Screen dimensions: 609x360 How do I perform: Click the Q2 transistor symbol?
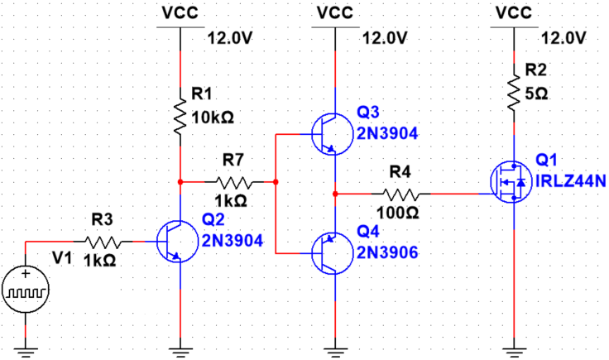[x=177, y=242]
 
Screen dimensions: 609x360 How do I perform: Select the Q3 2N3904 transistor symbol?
[x=333, y=134]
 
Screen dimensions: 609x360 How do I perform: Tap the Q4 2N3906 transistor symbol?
[x=333, y=253]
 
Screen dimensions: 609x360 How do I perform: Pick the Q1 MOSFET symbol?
[x=511, y=181]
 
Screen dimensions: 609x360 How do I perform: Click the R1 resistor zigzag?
[x=180, y=112]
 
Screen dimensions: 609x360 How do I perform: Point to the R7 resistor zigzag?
[x=234, y=182]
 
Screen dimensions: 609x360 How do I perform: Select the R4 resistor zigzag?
[x=401, y=194]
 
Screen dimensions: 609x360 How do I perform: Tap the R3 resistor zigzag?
[x=103, y=242]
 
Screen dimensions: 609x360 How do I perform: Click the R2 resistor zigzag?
[x=514, y=93]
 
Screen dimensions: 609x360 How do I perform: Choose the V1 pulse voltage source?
[x=26, y=290]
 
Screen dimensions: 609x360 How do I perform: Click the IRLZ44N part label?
[x=571, y=181]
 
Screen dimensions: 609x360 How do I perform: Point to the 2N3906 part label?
[x=387, y=252]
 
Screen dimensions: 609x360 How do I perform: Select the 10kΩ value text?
[x=213, y=118]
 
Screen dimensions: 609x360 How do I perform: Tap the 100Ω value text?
[x=398, y=212]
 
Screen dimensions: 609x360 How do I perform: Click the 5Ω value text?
[x=536, y=94]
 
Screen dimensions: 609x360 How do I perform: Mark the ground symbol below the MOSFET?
[x=514, y=353]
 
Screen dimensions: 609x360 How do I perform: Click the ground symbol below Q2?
[x=180, y=353]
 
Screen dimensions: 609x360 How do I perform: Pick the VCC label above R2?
[x=514, y=13]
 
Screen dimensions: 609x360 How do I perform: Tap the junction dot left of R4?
[x=336, y=194]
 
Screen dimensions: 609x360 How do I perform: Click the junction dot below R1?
[x=180, y=182]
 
